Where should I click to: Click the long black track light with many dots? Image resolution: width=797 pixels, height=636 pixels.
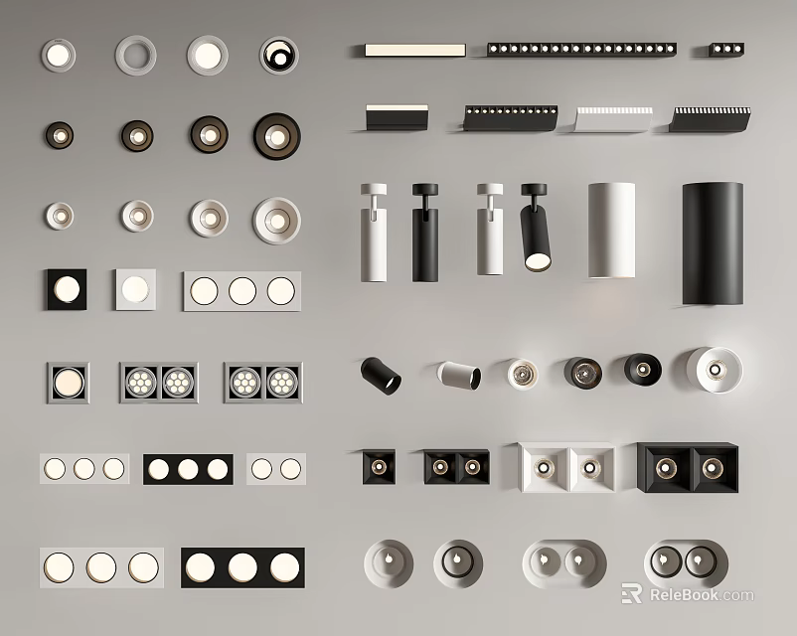click(581, 50)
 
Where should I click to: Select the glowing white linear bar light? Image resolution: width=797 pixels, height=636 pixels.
click(415, 50)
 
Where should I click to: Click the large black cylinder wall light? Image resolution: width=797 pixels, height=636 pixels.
click(713, 243)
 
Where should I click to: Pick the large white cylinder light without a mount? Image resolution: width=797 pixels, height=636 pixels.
click(611, 231)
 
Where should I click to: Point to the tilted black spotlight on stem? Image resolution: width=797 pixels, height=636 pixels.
click(536, 227)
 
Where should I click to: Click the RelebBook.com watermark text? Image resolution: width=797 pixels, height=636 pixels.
click(702, 595)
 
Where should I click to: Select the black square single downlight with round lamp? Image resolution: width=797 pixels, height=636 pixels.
click(67, 289)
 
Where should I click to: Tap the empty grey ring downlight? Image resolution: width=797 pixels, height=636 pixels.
click(136, 56)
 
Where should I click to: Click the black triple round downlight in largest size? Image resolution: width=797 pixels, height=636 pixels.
click(242, 567)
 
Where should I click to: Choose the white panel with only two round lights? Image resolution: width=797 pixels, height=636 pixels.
click(276, 469)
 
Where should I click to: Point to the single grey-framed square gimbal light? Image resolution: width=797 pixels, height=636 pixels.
click(69, 383)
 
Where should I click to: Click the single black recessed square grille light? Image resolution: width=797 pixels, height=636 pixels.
click(379, 467)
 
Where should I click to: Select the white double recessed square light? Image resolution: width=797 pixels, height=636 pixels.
click(566, 468)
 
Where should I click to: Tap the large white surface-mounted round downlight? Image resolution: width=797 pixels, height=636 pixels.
click(714, 370)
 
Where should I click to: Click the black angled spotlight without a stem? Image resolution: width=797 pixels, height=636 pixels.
click(381, 376)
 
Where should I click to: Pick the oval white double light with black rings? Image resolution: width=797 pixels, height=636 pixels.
click(686, 563)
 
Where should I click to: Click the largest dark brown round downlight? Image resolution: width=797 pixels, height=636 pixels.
click(277, 136)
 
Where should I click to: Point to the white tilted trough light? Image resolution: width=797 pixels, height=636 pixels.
click(613, 119)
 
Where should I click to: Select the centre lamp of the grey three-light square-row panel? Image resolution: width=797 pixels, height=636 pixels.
click(242, 291)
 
